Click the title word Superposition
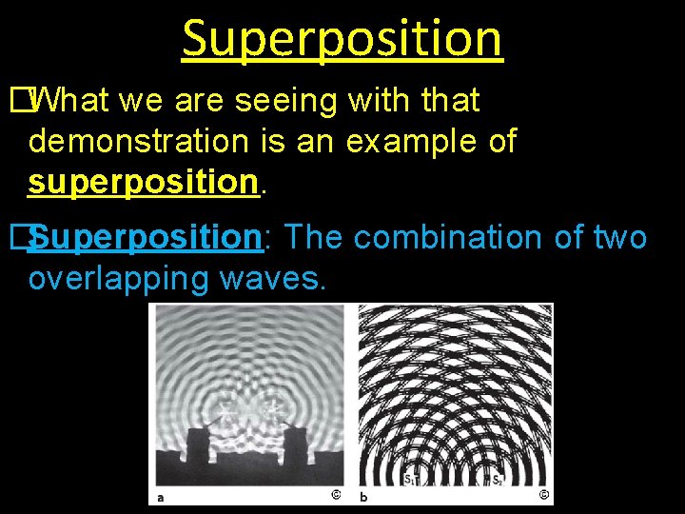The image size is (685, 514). pyautogui.click(x=342, y=38)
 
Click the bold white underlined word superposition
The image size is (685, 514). pyautogui.click(x=144, y=181)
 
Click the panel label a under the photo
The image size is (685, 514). pyautogui.click(x=161, y=496)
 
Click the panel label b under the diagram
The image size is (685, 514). pyautogui.click(x=363, y=496)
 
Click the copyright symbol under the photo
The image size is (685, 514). pyautogui.click(x=335, y=495)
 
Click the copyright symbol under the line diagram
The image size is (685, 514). pyautogui.click(x=542, y=495)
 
